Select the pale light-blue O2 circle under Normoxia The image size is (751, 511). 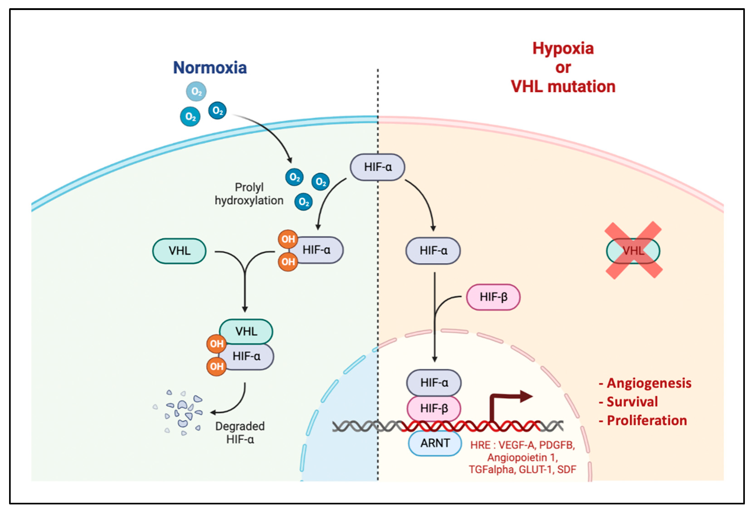pos(196,91)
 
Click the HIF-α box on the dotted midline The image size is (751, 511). pos(378,167)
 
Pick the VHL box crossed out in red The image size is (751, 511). pos(633,251)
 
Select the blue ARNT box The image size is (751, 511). pos(435,443)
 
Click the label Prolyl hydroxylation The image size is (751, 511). pos(249,194)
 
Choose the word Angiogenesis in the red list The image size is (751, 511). pos(649,383)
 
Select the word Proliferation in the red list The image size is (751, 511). pos(647,420)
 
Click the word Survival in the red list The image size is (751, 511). pos(632,402)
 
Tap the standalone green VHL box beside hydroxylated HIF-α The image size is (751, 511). pos(179,251)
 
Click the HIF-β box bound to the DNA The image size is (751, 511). pos(434,408)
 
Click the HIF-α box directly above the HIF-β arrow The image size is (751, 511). pos(433,251)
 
